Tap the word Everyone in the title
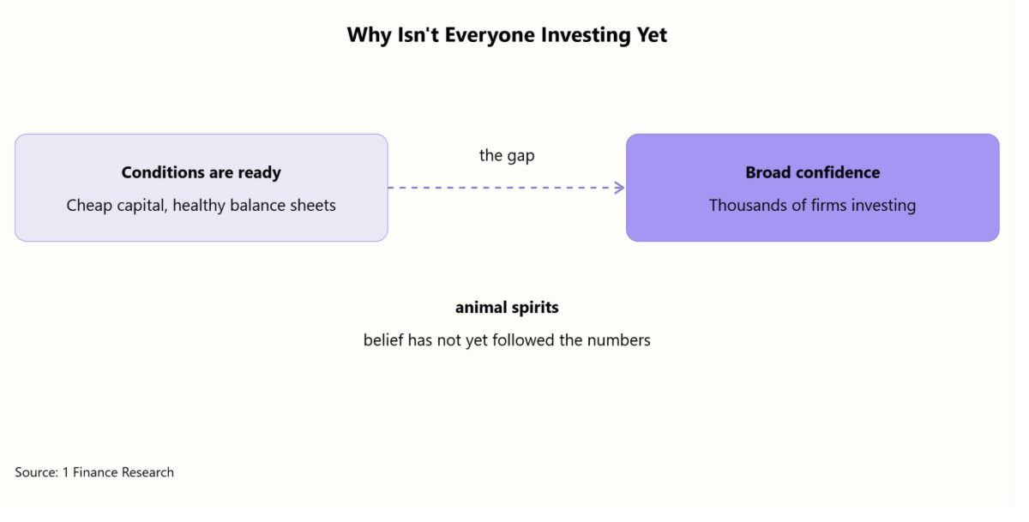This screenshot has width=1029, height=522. point(490,35)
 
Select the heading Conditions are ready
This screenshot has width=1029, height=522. point(202,172)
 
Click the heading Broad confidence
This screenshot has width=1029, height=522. point(813,172)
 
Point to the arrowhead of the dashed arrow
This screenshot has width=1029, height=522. point(620,188)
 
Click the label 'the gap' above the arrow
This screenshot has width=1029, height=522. point(507,156)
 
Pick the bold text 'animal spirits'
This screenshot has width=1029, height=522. point(507,307)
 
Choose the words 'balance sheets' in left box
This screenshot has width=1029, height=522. point(282,205)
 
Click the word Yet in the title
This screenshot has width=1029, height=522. point(652,35)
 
